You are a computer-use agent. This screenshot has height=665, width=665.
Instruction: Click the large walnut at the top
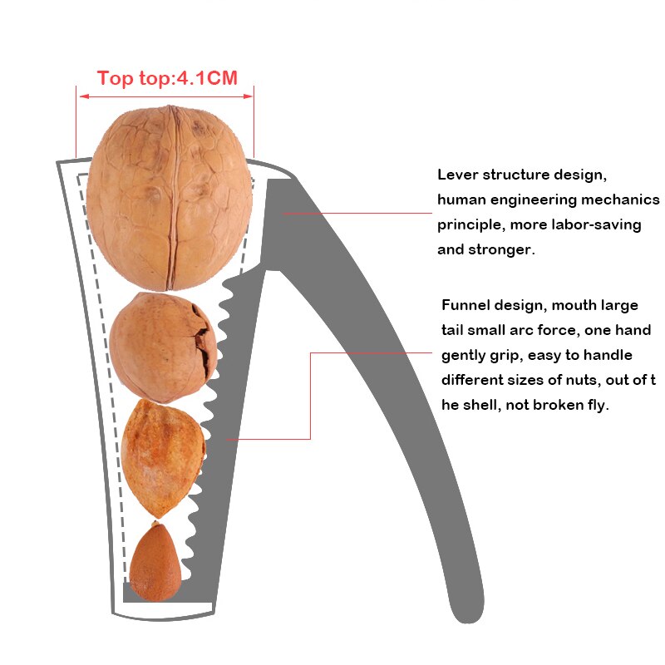coord(170,198)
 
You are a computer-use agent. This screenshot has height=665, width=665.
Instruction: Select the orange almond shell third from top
coord(164,456)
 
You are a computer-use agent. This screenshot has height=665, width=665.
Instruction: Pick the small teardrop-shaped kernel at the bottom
coord(155,564)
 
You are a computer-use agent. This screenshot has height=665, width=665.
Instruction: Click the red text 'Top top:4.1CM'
coord(167,79)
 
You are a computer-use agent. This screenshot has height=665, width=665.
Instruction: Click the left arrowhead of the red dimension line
coord(80,96)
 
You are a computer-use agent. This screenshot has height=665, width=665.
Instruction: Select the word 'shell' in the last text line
coord(495,406)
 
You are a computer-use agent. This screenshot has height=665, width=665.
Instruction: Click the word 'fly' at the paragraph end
coord(598,406)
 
